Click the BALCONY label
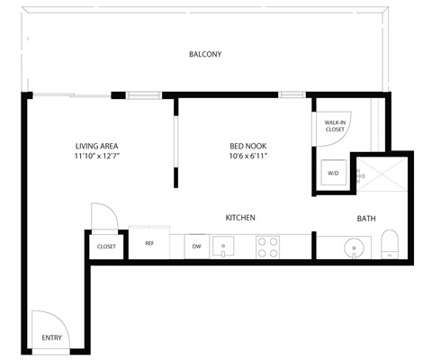[205, 55]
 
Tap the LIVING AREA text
[96, 147]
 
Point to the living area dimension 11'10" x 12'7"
[96, 157]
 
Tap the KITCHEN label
[241, 218]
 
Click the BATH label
[366, 219]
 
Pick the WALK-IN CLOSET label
[335, 126]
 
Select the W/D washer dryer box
[333, 173]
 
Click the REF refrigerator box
[149, 243]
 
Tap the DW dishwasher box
[196, 245]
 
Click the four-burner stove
[268, 247]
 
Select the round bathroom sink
[355, 247]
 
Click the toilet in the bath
[390, 244]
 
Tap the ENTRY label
[51, 338]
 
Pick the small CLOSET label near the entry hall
[106, 246]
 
